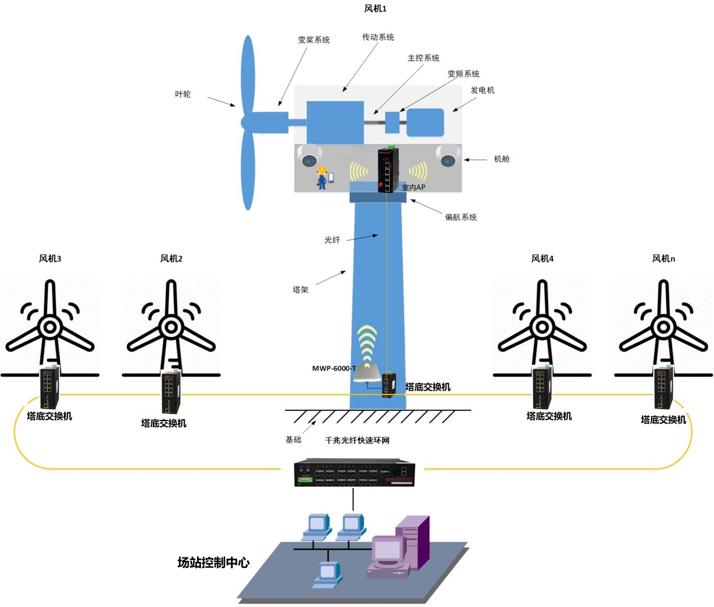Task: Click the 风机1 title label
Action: click(x=375, y=8)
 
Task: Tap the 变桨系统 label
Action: click(x=314, y=40)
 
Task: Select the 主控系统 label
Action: click(x=423, y=57)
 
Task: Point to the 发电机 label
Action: click(x=483, y=90)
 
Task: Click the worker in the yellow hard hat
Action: click(x=322, y=178)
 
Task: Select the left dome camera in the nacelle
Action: click(x=310, y=156)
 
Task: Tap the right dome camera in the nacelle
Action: click(x=448, y=156)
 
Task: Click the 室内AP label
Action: click(x=413, y=187)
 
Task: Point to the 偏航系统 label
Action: click(x=461, y=217)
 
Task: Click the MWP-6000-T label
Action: click(x=334, y=369)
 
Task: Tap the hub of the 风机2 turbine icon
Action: click(x=171, y=327)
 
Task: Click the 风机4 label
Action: click(x=542, y=258)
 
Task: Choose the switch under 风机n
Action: click(x=663, y=387)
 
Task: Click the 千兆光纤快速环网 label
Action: click(x=357, y=440)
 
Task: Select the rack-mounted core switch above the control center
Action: click(x=354, y=473)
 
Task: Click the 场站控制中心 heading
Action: click(x=213, y=562)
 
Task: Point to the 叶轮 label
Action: click(x=183, y=94)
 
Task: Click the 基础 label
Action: click(x=293, y=440)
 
